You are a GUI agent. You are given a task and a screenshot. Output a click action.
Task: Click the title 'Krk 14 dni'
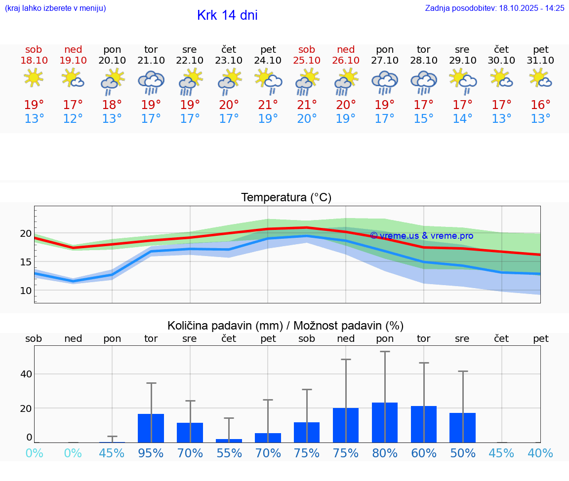point(227,15)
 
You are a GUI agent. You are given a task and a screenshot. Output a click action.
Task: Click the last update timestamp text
point(494,8)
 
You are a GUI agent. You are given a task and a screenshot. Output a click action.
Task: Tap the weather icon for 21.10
point(151,82)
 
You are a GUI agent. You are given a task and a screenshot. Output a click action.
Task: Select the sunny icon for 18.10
point(34,78)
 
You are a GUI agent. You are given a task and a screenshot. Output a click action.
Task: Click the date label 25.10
point(307,61)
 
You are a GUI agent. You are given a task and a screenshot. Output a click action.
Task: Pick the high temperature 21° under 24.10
point(268,105)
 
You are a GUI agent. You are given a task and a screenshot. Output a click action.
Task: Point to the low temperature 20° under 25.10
point(307,119)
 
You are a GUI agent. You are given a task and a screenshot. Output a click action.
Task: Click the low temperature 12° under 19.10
point(73,119)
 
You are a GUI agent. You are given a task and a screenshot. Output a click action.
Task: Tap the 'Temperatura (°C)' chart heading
point(286,198)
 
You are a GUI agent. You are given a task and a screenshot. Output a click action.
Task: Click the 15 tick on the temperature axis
point(26,262)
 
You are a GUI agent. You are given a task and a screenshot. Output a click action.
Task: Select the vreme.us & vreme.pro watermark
point(421,236)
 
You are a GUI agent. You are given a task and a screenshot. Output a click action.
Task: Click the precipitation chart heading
point(285,326)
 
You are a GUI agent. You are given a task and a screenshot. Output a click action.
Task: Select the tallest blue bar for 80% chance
point(385,423)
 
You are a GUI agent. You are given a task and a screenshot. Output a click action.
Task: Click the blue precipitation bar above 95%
point(151,428)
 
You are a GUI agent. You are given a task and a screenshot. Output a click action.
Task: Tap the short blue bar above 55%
point(229,441)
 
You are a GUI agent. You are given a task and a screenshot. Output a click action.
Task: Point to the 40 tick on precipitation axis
point(26,374)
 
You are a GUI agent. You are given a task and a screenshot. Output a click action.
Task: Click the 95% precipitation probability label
point(151,453)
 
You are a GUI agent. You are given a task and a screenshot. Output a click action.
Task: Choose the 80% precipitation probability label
point(385,453)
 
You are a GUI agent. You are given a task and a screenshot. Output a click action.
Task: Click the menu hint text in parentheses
point(55,8)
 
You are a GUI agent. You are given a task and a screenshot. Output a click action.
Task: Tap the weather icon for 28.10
point(423,82)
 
